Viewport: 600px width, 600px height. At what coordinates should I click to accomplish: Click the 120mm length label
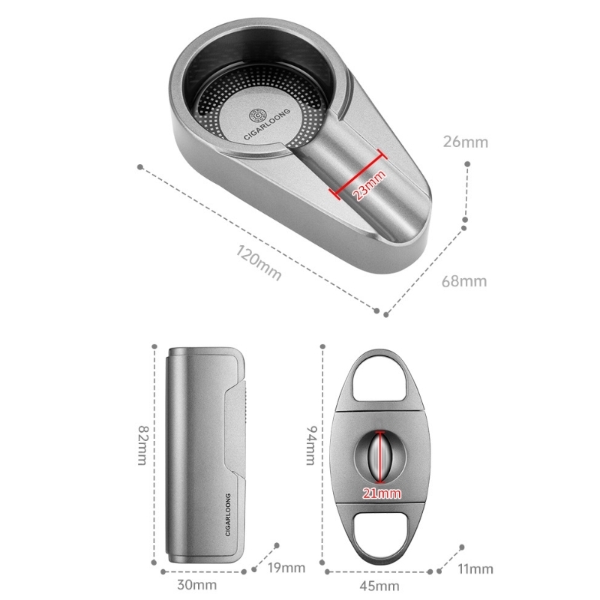[259, 262]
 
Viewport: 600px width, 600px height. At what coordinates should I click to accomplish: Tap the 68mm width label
[464, 282]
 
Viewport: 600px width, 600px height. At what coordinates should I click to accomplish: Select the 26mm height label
[466, 142]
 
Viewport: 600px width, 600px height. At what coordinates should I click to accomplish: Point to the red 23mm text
[369, 185]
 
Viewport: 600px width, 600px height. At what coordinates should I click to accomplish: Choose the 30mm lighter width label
[197, 585]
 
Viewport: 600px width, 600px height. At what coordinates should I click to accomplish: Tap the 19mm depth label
[286, 568]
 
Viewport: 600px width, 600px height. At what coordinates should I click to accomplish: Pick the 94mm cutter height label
[311, 445]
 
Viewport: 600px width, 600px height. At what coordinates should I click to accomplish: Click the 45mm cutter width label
[379, 586]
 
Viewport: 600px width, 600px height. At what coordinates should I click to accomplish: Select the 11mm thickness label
[475, 569]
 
